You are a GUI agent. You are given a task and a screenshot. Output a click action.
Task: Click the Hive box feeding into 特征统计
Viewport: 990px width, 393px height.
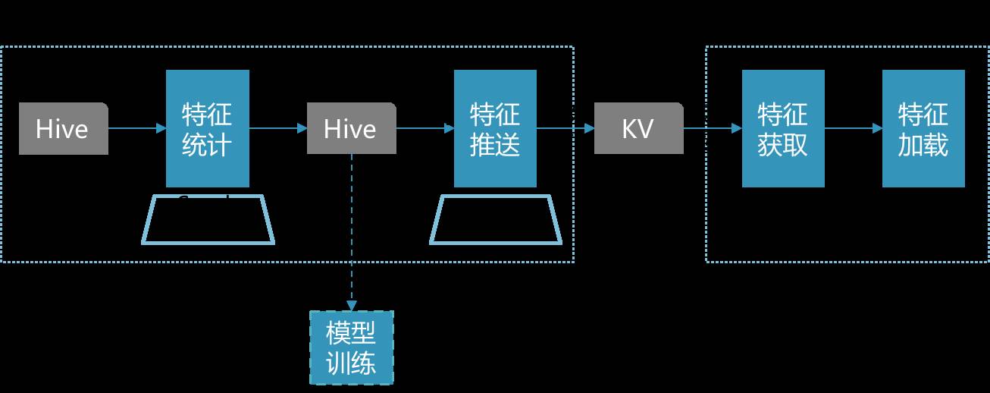point(63,129)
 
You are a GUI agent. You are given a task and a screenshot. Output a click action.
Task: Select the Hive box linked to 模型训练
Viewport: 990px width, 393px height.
point(351,129)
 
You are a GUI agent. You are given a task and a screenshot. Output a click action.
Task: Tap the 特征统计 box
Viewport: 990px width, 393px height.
point(208,128)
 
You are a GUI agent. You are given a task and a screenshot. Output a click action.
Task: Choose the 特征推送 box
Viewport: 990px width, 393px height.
point(495,128)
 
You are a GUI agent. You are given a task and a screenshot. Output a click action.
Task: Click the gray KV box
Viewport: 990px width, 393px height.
point(638,129)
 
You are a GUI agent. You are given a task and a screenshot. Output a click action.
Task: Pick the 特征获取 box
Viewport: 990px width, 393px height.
point(783,128)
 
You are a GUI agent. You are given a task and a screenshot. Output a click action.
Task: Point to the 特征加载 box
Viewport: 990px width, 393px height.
point(923,128)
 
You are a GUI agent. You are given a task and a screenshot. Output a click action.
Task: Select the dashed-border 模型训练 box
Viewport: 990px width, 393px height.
point(351,347)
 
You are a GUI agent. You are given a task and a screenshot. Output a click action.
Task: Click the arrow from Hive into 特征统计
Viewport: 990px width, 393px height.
point(137,128)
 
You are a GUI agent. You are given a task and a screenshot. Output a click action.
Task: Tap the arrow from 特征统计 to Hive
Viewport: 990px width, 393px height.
point(278,128)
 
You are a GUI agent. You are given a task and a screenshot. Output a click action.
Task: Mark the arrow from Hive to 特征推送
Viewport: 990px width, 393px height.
point(425,128)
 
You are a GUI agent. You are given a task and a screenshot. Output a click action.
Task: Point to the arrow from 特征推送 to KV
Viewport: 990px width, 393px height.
point(565,128)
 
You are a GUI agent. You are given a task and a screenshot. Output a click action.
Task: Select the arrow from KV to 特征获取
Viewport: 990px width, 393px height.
point(713,128)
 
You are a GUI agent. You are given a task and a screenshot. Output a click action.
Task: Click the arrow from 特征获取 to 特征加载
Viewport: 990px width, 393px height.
point(853,128)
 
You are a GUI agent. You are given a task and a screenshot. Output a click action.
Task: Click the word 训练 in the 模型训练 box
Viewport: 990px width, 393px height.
point(351,363)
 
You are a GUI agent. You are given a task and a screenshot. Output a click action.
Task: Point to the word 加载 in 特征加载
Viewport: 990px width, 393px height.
point(923,143)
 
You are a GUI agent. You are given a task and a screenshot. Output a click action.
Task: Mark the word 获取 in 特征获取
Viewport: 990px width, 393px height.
point(783,143)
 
